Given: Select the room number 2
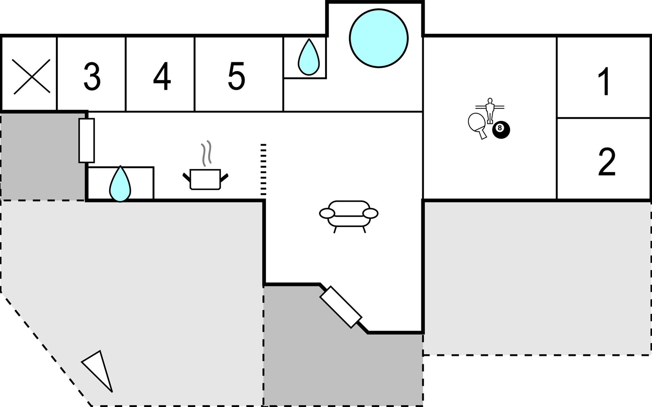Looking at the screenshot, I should [x=606, y=162].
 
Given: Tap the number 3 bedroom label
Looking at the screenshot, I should [x=92, y=76].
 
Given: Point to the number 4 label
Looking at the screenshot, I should [x=162, y=76].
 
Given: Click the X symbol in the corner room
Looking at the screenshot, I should [x=31, y=76].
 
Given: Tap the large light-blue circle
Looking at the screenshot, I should [x=379, y=38].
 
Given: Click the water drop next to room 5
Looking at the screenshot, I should [x=309, y=57].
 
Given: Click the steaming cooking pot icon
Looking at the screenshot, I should [x=205, y=179].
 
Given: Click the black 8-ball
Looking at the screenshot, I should [x=501, y=130].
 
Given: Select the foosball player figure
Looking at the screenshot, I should [x=490, y=110].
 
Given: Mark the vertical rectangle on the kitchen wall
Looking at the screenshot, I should [x=87, y=140].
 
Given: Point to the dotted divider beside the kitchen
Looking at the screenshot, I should [x=263, y=170].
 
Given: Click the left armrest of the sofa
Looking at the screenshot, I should [x=327, y=213].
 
